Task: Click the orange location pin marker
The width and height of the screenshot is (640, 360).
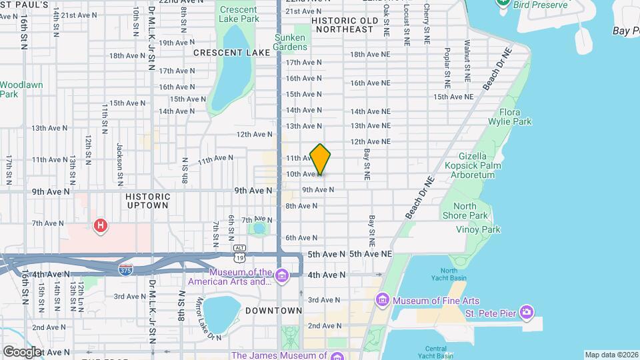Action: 320,159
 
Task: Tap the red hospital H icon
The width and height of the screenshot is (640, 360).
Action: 101,225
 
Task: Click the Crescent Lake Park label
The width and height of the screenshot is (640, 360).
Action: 239,14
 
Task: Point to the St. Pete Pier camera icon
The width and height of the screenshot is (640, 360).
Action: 526,311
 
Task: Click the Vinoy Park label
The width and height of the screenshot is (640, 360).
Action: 477,229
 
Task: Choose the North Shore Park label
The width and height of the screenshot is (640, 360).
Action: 465,211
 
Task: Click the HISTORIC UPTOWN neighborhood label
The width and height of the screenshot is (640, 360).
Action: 148,201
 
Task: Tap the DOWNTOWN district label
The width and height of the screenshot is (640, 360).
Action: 273,311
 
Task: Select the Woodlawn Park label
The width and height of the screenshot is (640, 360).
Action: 18,89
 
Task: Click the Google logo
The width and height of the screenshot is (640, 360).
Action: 22,351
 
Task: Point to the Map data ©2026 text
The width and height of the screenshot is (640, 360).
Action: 611,355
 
